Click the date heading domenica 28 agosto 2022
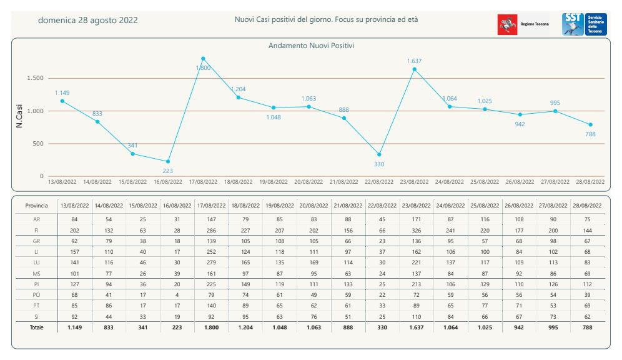tap(88, 20)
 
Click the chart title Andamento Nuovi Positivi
tap(312, 46)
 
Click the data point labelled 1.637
tap(415, 69)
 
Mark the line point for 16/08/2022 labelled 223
tap(167, 162)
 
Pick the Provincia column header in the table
tap(36, 205)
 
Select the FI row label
tap(36, 229)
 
